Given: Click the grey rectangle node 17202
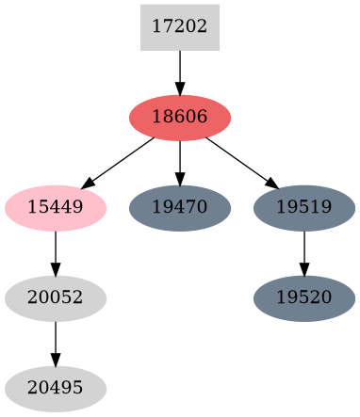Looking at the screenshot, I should coord(179,27).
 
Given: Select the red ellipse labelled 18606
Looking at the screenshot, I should coord(179,118).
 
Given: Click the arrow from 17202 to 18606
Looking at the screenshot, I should coord(179,72).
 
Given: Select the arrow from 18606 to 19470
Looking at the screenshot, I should coord(179,162).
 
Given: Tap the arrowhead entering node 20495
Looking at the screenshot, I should coord(55,360).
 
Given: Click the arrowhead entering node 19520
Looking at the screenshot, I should coord(303,269).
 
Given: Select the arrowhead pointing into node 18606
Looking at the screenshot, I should coord(179,88).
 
